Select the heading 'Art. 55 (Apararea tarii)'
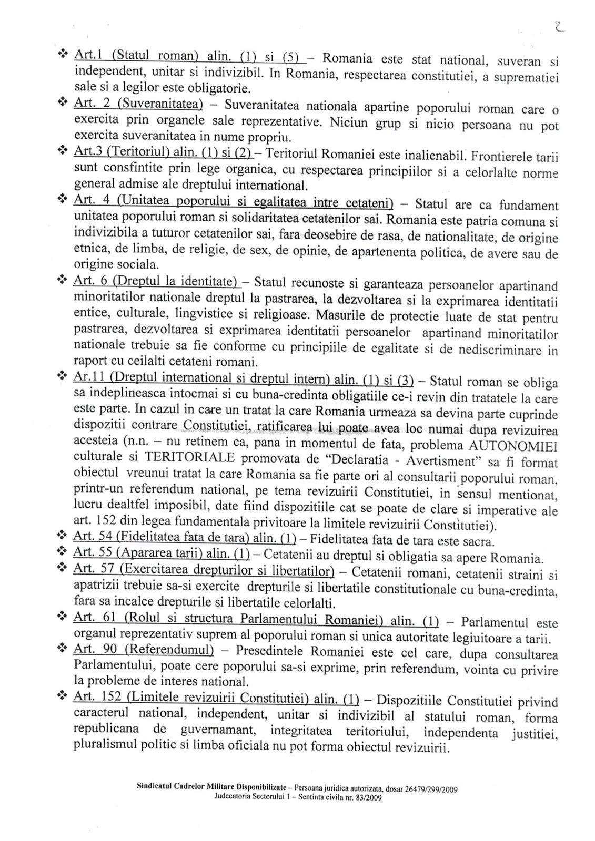[161, 556]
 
